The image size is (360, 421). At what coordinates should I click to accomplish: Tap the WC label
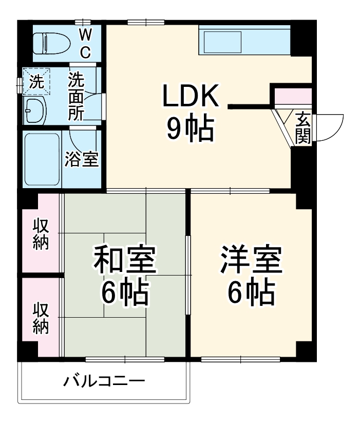point(85,43)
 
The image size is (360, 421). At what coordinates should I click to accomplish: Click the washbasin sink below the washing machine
point(35,109)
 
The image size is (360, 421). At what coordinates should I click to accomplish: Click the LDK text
point(191,96)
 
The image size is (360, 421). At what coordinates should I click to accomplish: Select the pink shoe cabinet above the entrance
point(293,96)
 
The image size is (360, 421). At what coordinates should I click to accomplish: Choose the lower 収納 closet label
point(41,318)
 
